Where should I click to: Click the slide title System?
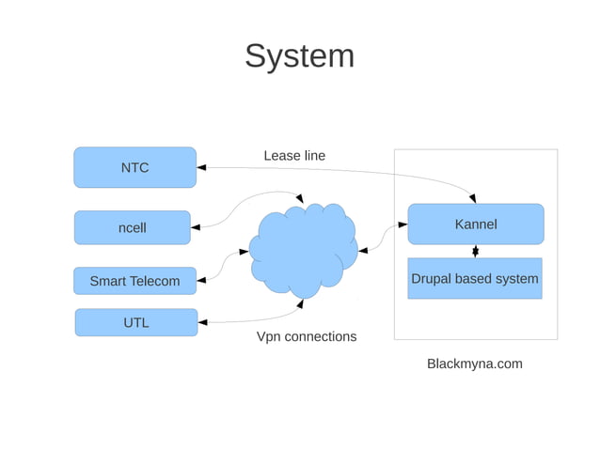[299, 56]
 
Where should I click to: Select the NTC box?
[134, 167]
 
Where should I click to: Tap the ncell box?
[132, 227]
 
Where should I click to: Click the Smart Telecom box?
[134, 281]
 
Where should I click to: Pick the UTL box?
[135, 322]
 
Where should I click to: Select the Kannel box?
[475, 224]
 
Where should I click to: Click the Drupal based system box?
[474, 279]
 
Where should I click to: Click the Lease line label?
[293, 156]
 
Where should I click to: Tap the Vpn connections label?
[306, 336]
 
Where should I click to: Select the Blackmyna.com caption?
[474, 364]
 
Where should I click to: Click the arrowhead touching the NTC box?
[202, 168]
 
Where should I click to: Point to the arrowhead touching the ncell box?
[196, 226]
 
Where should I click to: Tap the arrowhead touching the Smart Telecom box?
[201, 280]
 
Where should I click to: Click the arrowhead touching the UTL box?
[203, 322]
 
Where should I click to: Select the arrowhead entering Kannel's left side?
[402, 224]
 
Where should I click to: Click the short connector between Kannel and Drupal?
[475, 251]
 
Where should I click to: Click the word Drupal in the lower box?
[432, 279]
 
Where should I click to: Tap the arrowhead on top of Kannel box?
[472, 198]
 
